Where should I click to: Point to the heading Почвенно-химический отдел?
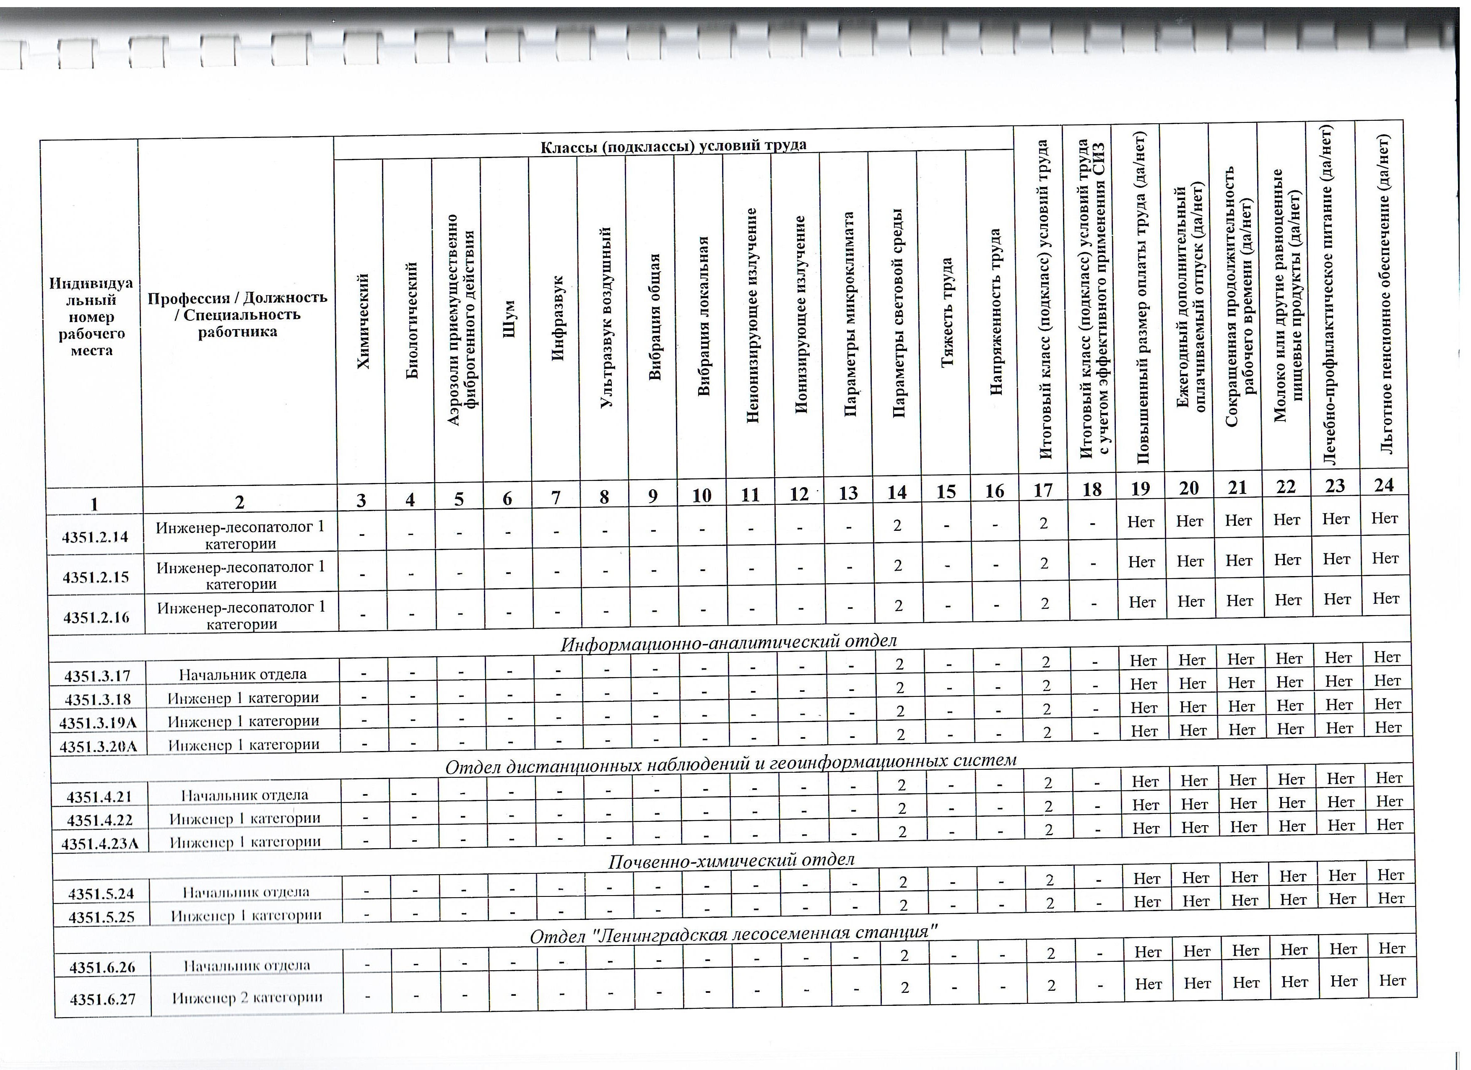pos(731,860)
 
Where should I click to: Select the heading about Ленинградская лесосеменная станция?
pos(734,935)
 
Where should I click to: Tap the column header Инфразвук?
pos(558,318)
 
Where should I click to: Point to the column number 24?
pos(1383,485)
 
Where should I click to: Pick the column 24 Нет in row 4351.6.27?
pos(1392,981)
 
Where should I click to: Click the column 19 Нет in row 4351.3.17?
pos(1143,661)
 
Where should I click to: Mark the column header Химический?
pos(364,322)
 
